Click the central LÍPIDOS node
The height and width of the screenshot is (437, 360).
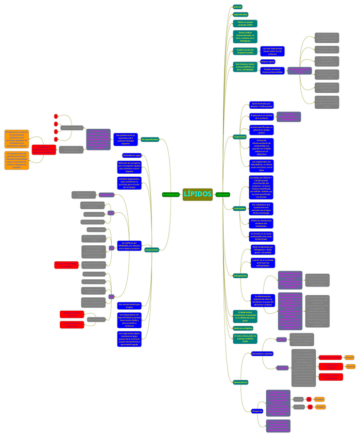197,194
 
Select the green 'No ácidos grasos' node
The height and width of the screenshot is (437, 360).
170,194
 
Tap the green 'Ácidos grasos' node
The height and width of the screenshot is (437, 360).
223,194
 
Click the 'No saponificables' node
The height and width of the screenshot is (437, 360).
150,140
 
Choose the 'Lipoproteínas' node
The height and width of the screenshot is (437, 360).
151,250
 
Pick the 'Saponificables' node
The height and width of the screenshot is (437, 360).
241,14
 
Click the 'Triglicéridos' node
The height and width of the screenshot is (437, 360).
240,137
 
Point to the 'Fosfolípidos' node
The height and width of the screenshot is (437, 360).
239,208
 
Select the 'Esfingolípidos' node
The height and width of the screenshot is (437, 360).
241,276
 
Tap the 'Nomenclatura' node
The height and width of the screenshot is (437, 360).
241,382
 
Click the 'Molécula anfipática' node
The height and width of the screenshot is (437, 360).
243,328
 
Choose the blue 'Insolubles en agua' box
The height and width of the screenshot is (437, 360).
132,155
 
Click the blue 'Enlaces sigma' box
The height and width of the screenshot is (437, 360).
268,61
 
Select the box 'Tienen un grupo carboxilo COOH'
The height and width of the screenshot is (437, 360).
245,23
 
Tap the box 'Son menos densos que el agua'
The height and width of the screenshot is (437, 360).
129,306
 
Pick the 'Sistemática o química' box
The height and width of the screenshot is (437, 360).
262,354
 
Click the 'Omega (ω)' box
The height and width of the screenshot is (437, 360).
257,411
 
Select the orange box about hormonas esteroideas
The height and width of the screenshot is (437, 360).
16,160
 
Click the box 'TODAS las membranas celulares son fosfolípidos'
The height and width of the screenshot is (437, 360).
261,223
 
